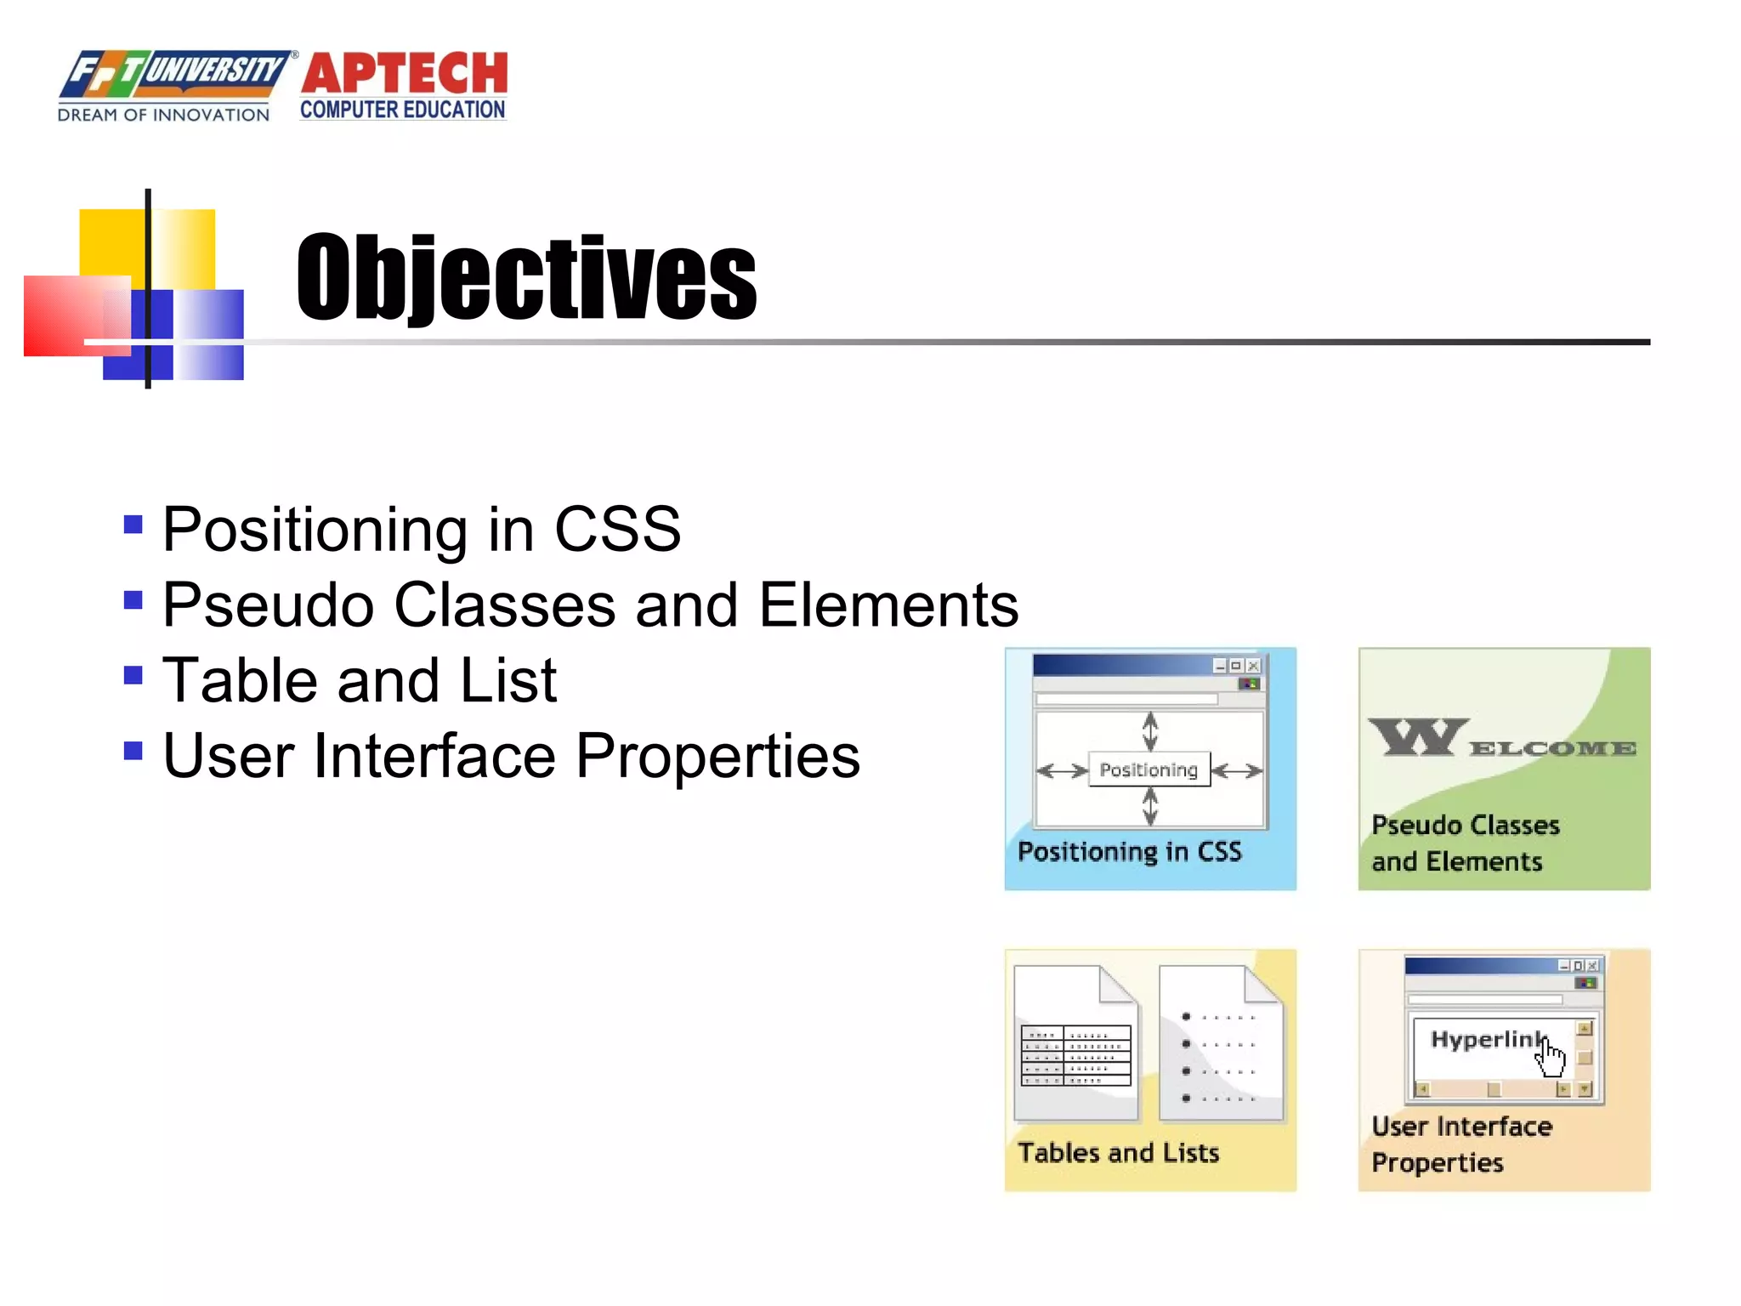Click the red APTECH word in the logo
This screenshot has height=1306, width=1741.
404,73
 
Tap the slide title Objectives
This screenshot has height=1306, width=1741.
526,278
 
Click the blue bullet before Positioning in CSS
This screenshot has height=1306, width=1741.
133,524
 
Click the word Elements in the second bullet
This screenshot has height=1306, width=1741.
888,605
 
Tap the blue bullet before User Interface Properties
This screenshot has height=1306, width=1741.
133,751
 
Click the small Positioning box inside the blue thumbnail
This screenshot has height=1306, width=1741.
1148,769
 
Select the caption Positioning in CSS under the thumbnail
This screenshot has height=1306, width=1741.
1129,851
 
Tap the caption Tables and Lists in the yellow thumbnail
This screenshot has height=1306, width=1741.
1118,1153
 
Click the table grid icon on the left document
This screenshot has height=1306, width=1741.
1076,1056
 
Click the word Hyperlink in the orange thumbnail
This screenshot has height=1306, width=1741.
1483,1039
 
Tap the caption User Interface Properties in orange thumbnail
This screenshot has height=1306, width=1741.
1460,1144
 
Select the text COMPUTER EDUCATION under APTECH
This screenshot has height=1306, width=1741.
403,111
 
